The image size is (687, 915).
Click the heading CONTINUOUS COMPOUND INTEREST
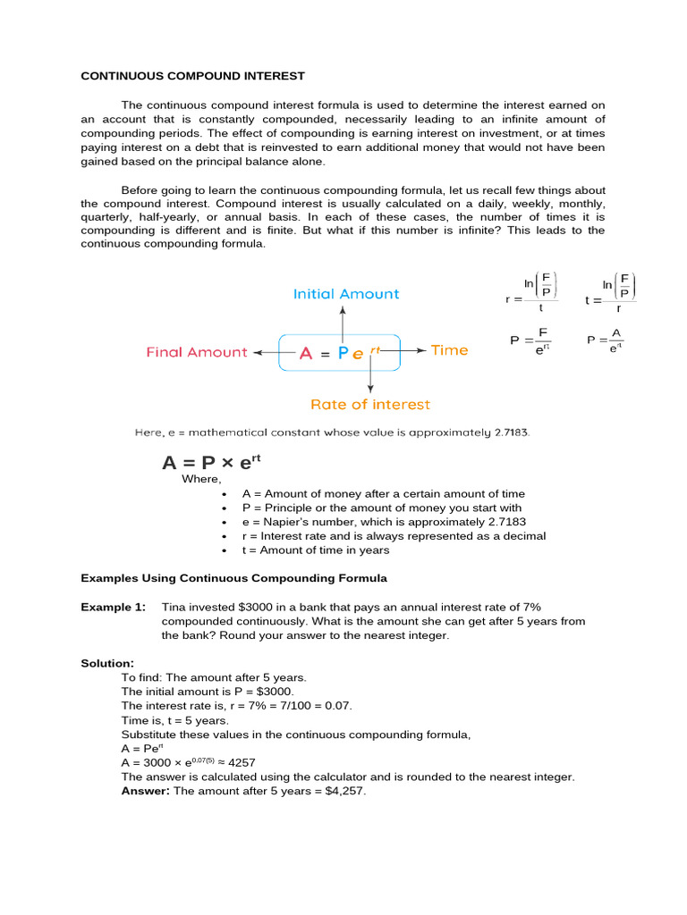click(192, 76)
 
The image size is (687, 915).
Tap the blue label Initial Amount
click(346, 294)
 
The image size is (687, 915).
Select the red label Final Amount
click(197, 352)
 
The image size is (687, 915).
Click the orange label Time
click(449, 350)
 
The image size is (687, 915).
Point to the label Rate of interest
click(369, 405)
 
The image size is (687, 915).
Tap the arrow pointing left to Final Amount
click(266, 352)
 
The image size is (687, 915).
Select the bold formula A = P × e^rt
click(211, 462)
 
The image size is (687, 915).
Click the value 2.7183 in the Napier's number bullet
click(503, 522)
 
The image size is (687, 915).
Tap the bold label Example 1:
click(113, 607)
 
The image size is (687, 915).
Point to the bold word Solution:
click(107, 663)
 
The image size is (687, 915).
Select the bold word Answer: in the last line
click(146, 792)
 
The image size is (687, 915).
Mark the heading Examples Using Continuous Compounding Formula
click(234, 578)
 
